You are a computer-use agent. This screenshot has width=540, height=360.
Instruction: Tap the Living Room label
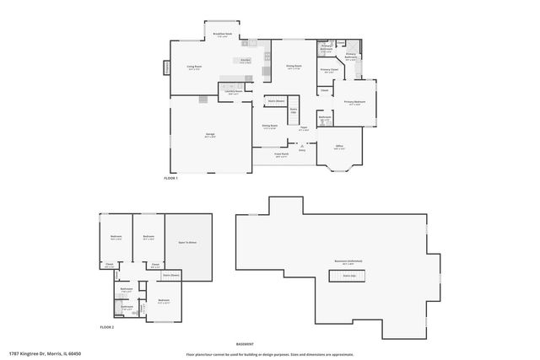coord(193,67)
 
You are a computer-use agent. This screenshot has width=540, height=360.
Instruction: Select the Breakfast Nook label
coord(222,35)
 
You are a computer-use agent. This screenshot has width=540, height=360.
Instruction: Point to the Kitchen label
coord(245,61)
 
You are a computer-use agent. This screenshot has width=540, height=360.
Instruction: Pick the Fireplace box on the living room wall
coord(167,68)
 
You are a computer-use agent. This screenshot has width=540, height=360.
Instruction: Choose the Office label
coord(339,148)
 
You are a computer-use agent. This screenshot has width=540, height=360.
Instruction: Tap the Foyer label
coord(303,129)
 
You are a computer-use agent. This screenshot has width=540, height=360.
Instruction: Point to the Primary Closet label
coord(329,71)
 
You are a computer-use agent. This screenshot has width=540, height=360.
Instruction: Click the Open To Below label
coord(187,243)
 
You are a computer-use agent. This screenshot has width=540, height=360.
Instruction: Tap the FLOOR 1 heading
coord(172,179)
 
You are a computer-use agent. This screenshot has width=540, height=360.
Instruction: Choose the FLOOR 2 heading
coord(107,326)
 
